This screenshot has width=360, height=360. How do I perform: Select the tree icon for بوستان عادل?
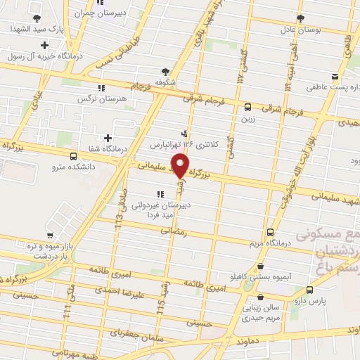301,18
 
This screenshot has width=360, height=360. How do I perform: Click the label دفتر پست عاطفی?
332,89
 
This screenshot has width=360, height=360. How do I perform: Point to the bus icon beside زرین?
247,108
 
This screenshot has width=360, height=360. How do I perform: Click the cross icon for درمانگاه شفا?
107,138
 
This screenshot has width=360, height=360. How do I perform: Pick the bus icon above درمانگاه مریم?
271,233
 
